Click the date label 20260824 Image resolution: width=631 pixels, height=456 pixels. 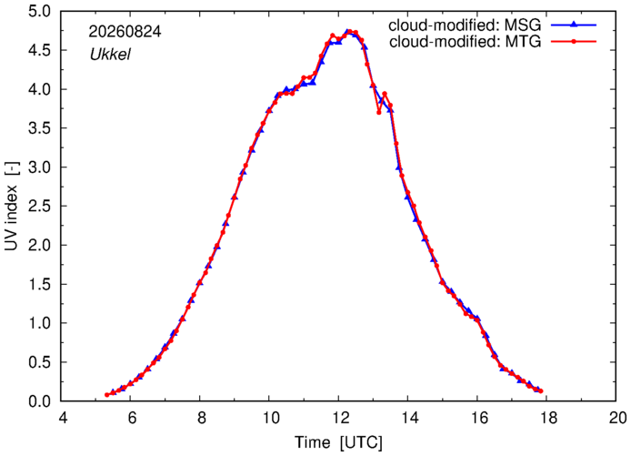click(x=125, y=32)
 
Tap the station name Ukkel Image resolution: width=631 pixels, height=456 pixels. click(x=110, y=54)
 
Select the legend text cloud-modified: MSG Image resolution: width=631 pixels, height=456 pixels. click(x=465, y=25)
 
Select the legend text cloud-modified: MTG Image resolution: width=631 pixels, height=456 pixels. click(x=466, y=41)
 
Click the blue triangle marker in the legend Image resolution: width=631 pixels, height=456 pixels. click(x=574, y=25)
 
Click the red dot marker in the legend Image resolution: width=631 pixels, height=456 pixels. click(x=574, y=41)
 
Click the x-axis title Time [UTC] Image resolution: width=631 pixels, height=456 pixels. click(x=339, y=442)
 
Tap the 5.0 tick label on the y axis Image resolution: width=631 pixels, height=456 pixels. click(x=39, y=11)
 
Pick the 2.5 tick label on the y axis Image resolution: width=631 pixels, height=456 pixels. click(x=39, y=206)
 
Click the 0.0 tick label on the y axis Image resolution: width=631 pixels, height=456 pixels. click(x=39, y=401)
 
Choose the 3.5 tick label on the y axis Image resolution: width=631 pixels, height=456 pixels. click(x=39, y=128)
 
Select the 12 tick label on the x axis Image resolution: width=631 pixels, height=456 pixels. click(x=339, y=418)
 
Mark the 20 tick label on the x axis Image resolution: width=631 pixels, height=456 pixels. click(x=616, y=418)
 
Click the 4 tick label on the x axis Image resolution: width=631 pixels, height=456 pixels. click(x=63, y=418)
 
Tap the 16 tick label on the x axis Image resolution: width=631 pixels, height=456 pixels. click(x=477, y=418)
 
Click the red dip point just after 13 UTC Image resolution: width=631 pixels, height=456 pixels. click(x=378, y=112)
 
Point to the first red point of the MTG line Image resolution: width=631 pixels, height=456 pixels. click(x=106, y=395)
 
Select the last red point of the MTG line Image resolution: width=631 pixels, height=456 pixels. click(x=541, y=390)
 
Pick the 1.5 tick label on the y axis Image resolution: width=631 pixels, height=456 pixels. click(x=39, y=284)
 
